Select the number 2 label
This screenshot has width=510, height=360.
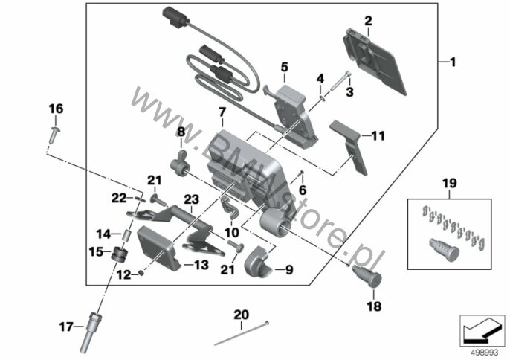(x=367, y=20)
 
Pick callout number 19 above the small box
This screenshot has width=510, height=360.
(x=449, y=183)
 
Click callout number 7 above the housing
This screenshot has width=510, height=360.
(x=221, y=112)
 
